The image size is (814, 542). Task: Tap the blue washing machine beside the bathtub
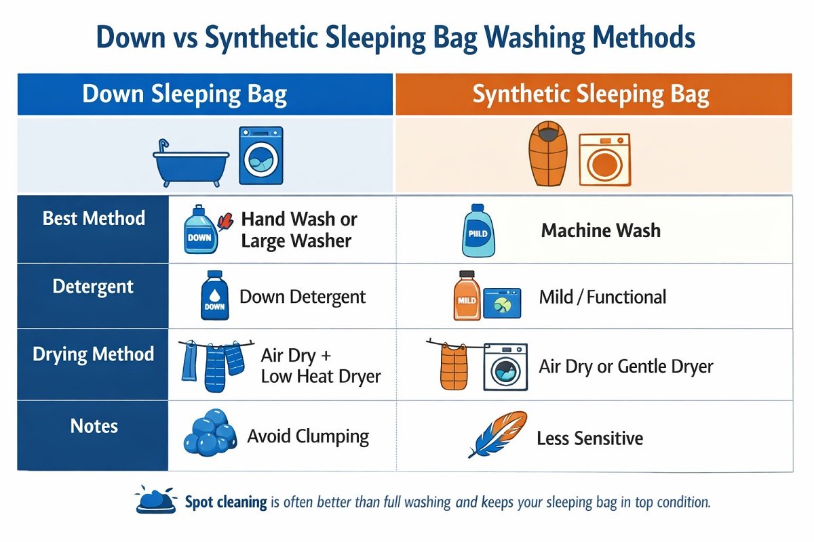click(x=260, y=155)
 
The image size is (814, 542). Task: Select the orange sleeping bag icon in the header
click(x=546, y=154)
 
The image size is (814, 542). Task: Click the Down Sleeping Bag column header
click(x=185, y=94)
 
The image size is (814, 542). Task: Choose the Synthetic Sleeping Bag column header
click(x=591, y=94)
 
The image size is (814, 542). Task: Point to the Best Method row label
click(x=94, y=218)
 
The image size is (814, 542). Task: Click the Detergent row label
click(x=94, y=286)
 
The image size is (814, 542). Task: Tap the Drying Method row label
click(x=94, y=354)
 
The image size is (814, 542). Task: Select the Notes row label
click(x=94, y=426)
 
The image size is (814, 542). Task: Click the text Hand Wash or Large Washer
click(x=299, y=230)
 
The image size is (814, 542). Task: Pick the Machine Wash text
click(x=600, y=230)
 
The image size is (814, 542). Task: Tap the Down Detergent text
click(x=303, y=297)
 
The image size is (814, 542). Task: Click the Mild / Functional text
click(x=602, y=297)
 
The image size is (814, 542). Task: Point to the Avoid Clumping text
click(x=308, y=436)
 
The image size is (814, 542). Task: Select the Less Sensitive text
click(x=589, y=438)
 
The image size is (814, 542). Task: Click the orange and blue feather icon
click(x=498, y=434)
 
